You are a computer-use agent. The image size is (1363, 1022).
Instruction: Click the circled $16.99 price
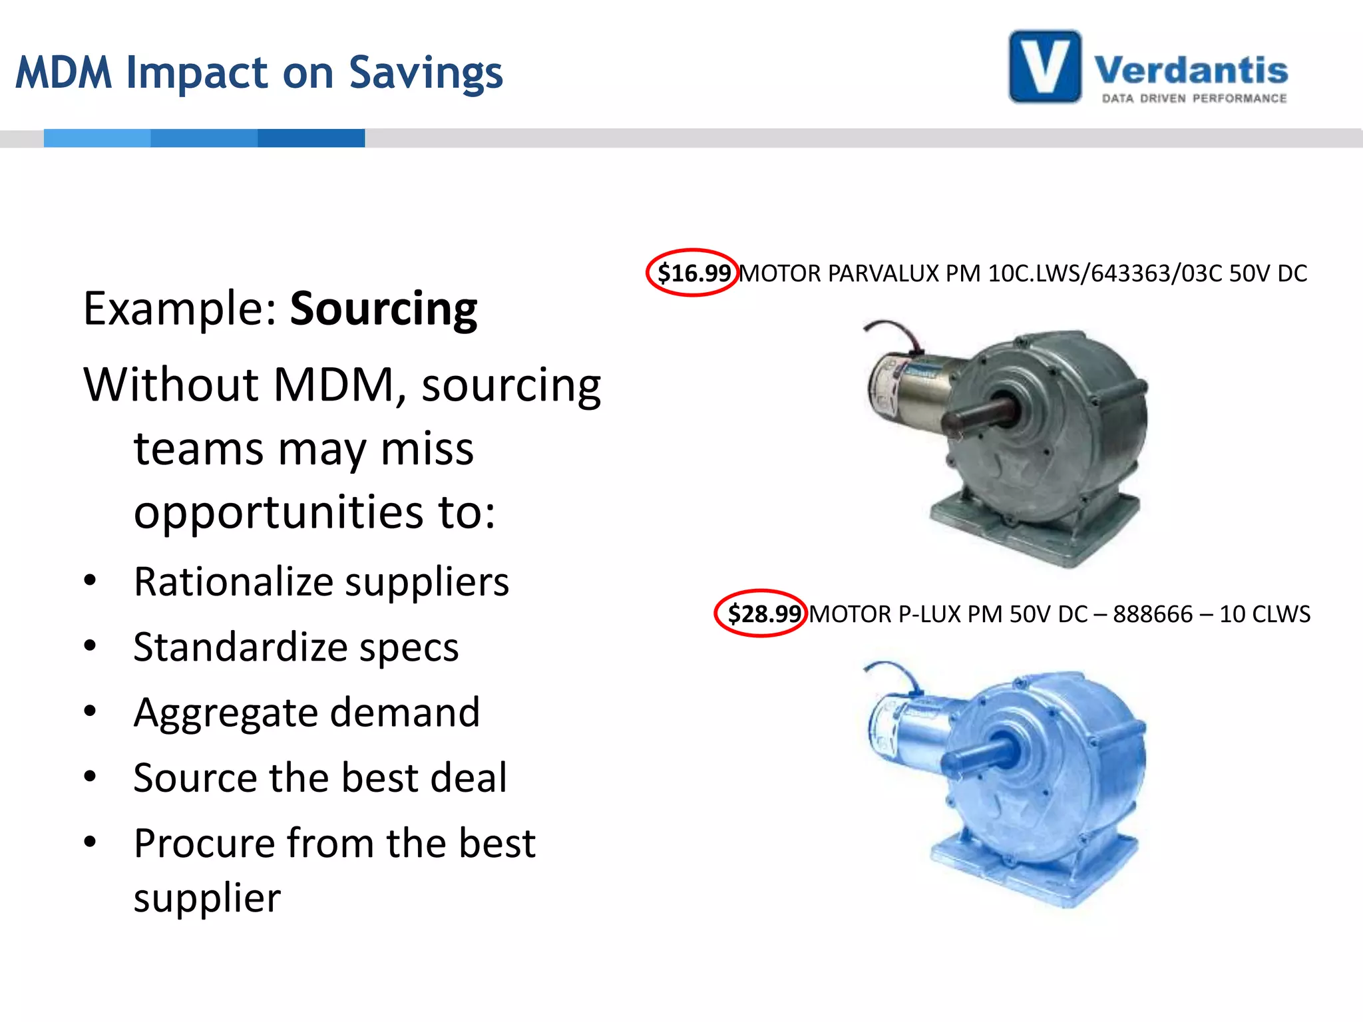(x=693, y=273)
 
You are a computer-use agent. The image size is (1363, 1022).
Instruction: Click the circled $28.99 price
(x=763, y=613)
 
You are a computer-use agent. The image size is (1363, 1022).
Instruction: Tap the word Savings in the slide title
(x=426, y=73)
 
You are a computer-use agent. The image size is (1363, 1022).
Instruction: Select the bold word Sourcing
(x=383, y=309)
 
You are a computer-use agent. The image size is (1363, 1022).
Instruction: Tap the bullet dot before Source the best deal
(x=91, y=776)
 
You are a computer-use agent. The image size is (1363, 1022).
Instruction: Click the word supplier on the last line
(x=207, y=898)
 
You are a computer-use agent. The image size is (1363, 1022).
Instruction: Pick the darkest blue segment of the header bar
(x=311, y=138)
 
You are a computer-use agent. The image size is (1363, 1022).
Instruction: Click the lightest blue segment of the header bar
(x=97, y=138)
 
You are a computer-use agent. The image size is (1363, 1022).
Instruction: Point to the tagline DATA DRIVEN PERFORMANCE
(x=1194, y=98)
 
